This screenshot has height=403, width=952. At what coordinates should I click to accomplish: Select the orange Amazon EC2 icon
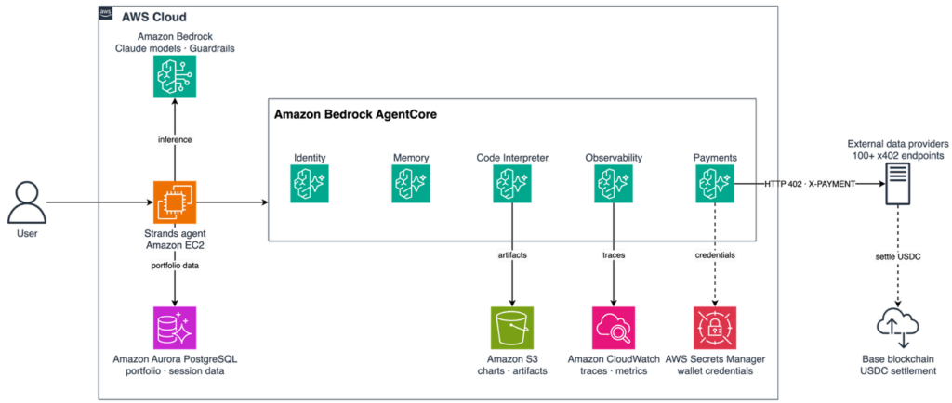coord(175,202)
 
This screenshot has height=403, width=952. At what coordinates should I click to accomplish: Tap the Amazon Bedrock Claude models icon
coord(175,77)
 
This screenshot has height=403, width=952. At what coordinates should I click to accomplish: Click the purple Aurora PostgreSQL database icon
coord(175,327)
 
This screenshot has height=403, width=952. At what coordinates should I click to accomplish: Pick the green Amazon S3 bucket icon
coord(512,327)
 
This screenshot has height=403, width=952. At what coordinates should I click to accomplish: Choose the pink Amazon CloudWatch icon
coord(614,327)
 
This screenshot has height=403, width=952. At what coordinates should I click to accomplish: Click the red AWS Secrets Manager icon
coord(715,327)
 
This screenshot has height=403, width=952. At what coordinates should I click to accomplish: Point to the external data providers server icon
coord(897,187)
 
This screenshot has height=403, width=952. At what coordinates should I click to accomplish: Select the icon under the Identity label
coord(309,184)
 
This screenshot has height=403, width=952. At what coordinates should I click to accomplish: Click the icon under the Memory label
coord(410,184)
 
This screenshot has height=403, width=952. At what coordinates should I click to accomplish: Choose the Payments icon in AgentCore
coord(715,184)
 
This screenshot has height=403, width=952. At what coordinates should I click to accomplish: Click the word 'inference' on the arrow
coord(175,140)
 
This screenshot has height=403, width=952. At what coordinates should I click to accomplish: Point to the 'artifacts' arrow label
coord(512,255)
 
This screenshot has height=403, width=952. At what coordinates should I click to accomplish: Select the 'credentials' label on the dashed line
coord(715,255)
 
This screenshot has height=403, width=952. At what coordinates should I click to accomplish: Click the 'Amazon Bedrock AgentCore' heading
coord(355,114)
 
